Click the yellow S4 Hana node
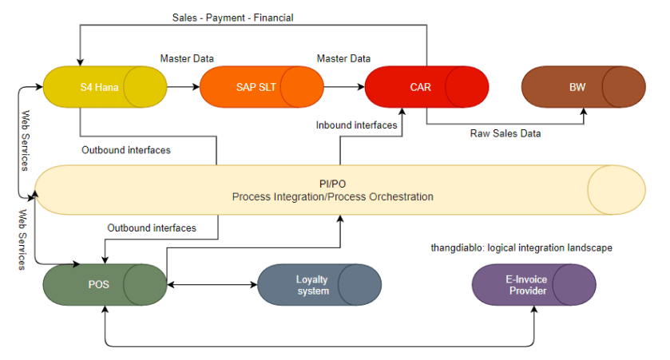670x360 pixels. click(x=105, y=87)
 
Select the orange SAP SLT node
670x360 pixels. click(x=261, y=87)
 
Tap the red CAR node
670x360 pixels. click(x=426, y=87)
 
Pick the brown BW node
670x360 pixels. click(x=583, y=87)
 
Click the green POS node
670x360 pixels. click(x=105, y=284)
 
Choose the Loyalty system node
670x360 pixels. click(x=319, y=284)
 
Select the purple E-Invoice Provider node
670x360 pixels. click(x=533, y=284)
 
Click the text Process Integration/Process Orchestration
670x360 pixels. click(x=332, y=197)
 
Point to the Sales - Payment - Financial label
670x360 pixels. click(x=233, y=18)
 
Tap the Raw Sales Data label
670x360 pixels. click(x=505, y=133)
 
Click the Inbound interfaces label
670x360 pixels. click(x=356, y=125)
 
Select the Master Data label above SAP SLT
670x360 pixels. click(x=187, y=58)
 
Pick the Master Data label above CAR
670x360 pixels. click(x=343, y=58)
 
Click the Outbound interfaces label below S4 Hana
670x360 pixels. click(x=126, y=150)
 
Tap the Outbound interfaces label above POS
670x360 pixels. click(x=152, y=228)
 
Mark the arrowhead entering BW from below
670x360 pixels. click(x=584, y=112)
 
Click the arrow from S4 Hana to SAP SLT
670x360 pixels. click(x=184, y=87)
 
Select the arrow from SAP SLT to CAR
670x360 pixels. click(x=344, y=87)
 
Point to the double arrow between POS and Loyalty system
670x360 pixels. click(x=212, y=284)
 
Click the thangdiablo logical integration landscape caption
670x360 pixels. click(x=521, y=248)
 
